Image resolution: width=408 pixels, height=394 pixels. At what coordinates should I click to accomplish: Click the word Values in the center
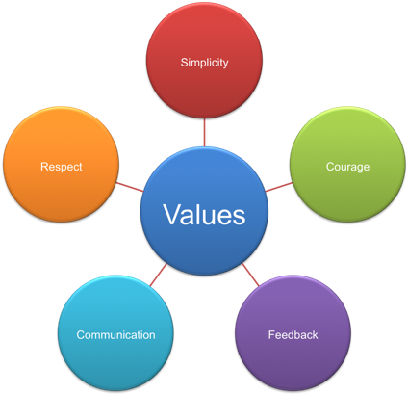click(203, 213)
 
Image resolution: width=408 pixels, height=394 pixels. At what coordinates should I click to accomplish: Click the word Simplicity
click(204, 63)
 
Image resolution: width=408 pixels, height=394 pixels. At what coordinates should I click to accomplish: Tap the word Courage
click(347, 167)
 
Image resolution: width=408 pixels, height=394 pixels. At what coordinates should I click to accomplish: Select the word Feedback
click(293, 335)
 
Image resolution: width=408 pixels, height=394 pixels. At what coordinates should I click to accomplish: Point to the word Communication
click(115, 335)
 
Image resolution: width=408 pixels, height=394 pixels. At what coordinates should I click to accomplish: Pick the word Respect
click(61, 167)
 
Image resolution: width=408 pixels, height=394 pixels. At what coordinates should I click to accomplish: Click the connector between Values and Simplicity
click(204, 133)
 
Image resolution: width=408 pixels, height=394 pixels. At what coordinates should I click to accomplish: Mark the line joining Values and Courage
click(277, 186)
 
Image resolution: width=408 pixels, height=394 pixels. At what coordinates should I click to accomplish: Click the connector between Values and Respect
click(129, 186)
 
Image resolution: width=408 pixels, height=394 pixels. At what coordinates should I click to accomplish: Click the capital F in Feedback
click(270, 335)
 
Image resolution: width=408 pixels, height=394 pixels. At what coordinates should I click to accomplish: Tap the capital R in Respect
click(44, 167)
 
